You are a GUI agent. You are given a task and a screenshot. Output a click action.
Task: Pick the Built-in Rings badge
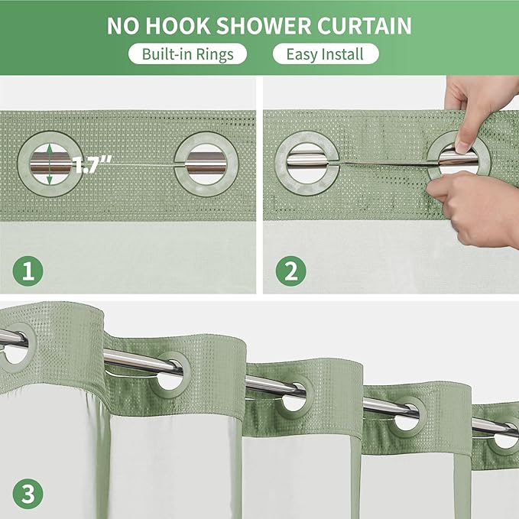coord(187,54)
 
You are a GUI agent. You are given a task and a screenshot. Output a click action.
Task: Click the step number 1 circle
coord(28,271)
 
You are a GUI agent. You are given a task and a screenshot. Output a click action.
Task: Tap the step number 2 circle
coord(291,271)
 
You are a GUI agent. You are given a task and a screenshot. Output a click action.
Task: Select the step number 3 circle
coord(28,493)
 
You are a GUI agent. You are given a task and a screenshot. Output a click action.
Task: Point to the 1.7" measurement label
coord(94,163)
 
